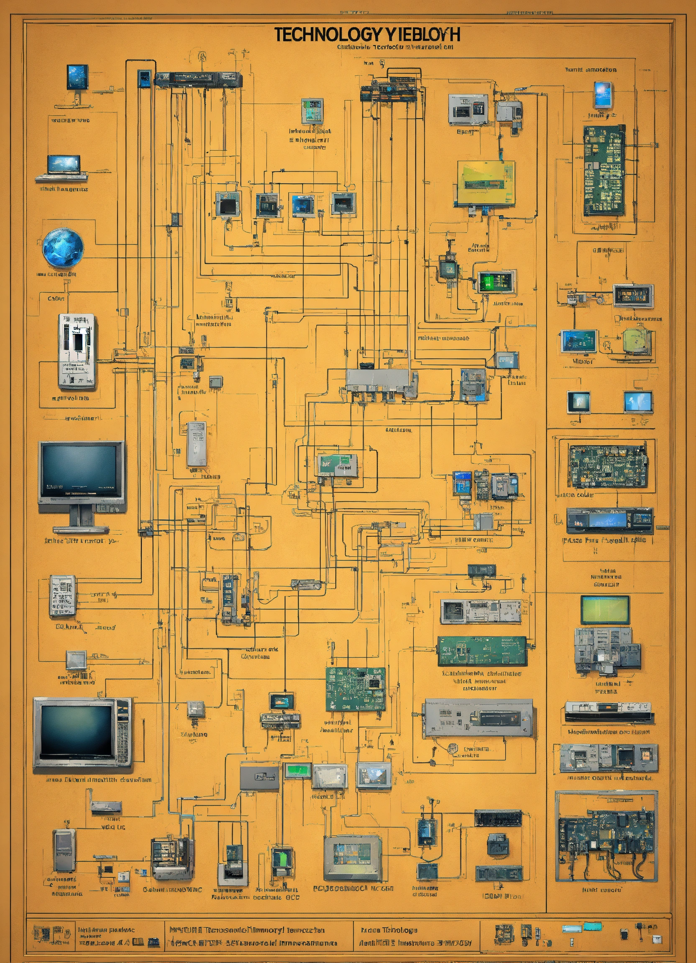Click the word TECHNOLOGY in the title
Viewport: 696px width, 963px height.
325,34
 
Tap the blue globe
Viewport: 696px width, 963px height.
63,247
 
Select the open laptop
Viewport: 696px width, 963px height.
62,167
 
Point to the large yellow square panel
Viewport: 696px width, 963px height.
486,183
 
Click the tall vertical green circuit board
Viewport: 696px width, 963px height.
604,170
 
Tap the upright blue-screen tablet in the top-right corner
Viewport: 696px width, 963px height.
604,94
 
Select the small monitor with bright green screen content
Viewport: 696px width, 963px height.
497,282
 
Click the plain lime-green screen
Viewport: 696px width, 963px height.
605,609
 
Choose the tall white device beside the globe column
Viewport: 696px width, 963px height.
77,351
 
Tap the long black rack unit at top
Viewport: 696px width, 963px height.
198,79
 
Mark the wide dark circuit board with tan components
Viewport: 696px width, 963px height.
608,466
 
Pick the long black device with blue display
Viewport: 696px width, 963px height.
609,520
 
